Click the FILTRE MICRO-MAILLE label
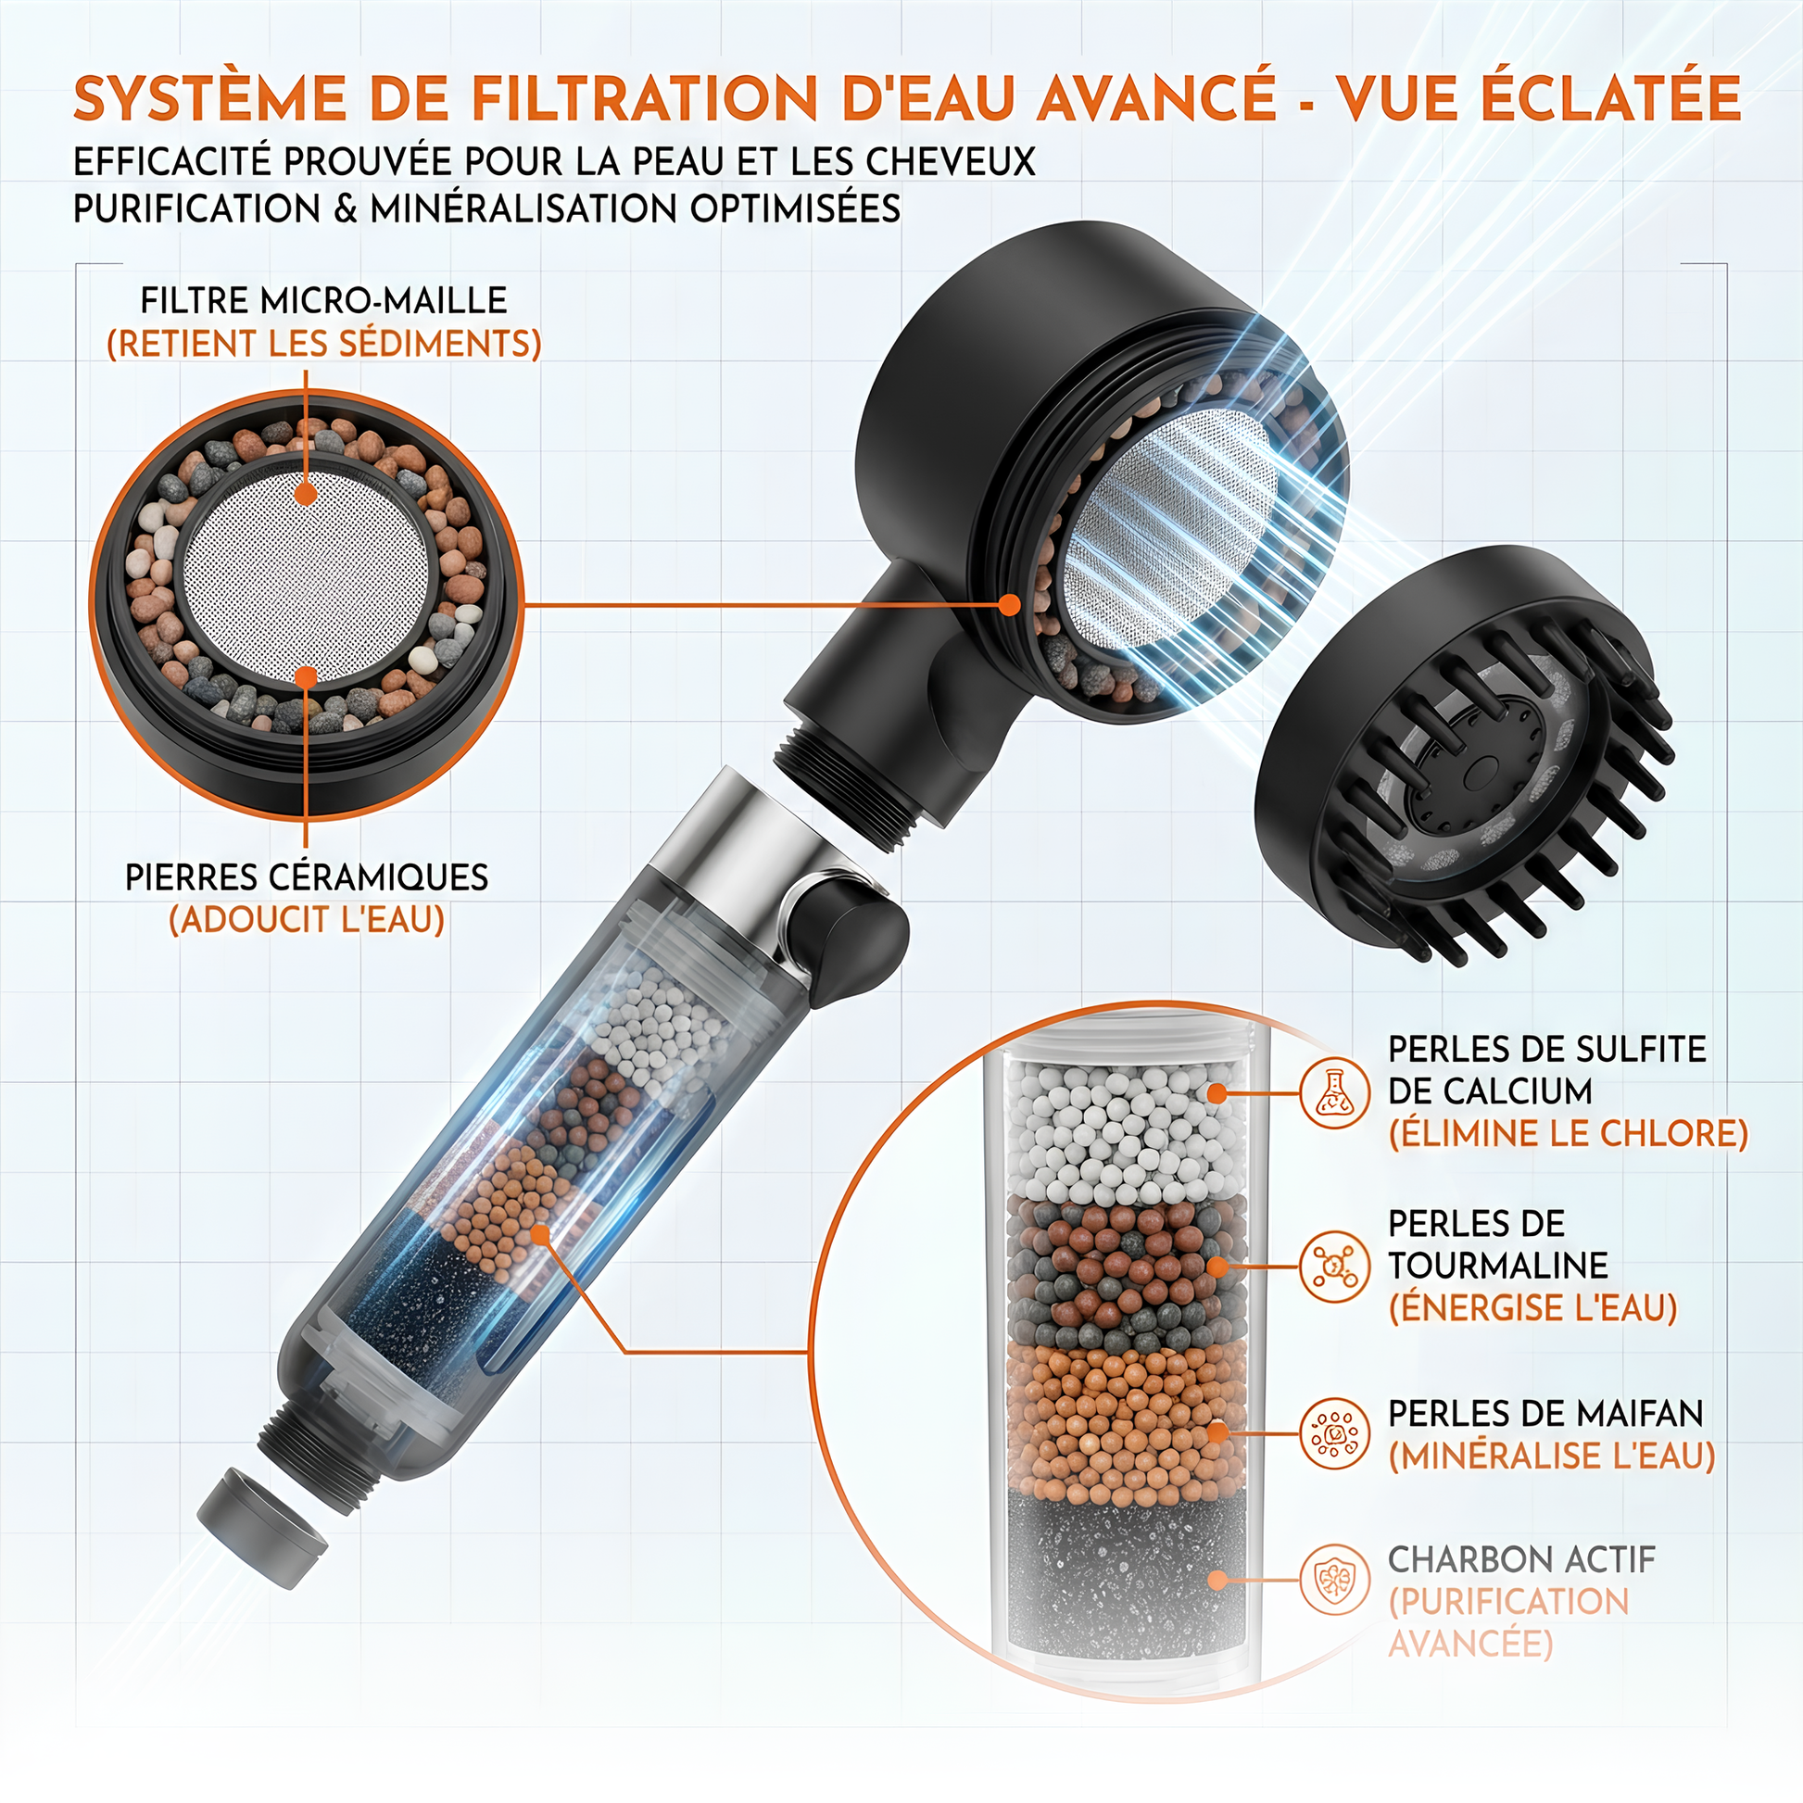pyautogui.click(x=324, y=300)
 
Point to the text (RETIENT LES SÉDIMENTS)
pyautogui.click(x=324, y=344)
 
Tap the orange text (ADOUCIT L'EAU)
pyautogui.click(x=307, y=920)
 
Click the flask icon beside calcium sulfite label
pyautogui.click(x=1334, y=1092)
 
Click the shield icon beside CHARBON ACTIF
pyautogui.click(x=1334, y=1579)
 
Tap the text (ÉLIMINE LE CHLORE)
pyautogui.click(x=1568, y=1134)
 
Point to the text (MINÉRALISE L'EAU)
pyautogui.click(x=1552, y=1456)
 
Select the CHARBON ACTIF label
pyautogui.click(x=1521, y=1559)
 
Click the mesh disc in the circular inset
pyautogui.click(x=306, y=572)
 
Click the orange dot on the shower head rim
pyautogui.click(x=1009, y=605)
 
